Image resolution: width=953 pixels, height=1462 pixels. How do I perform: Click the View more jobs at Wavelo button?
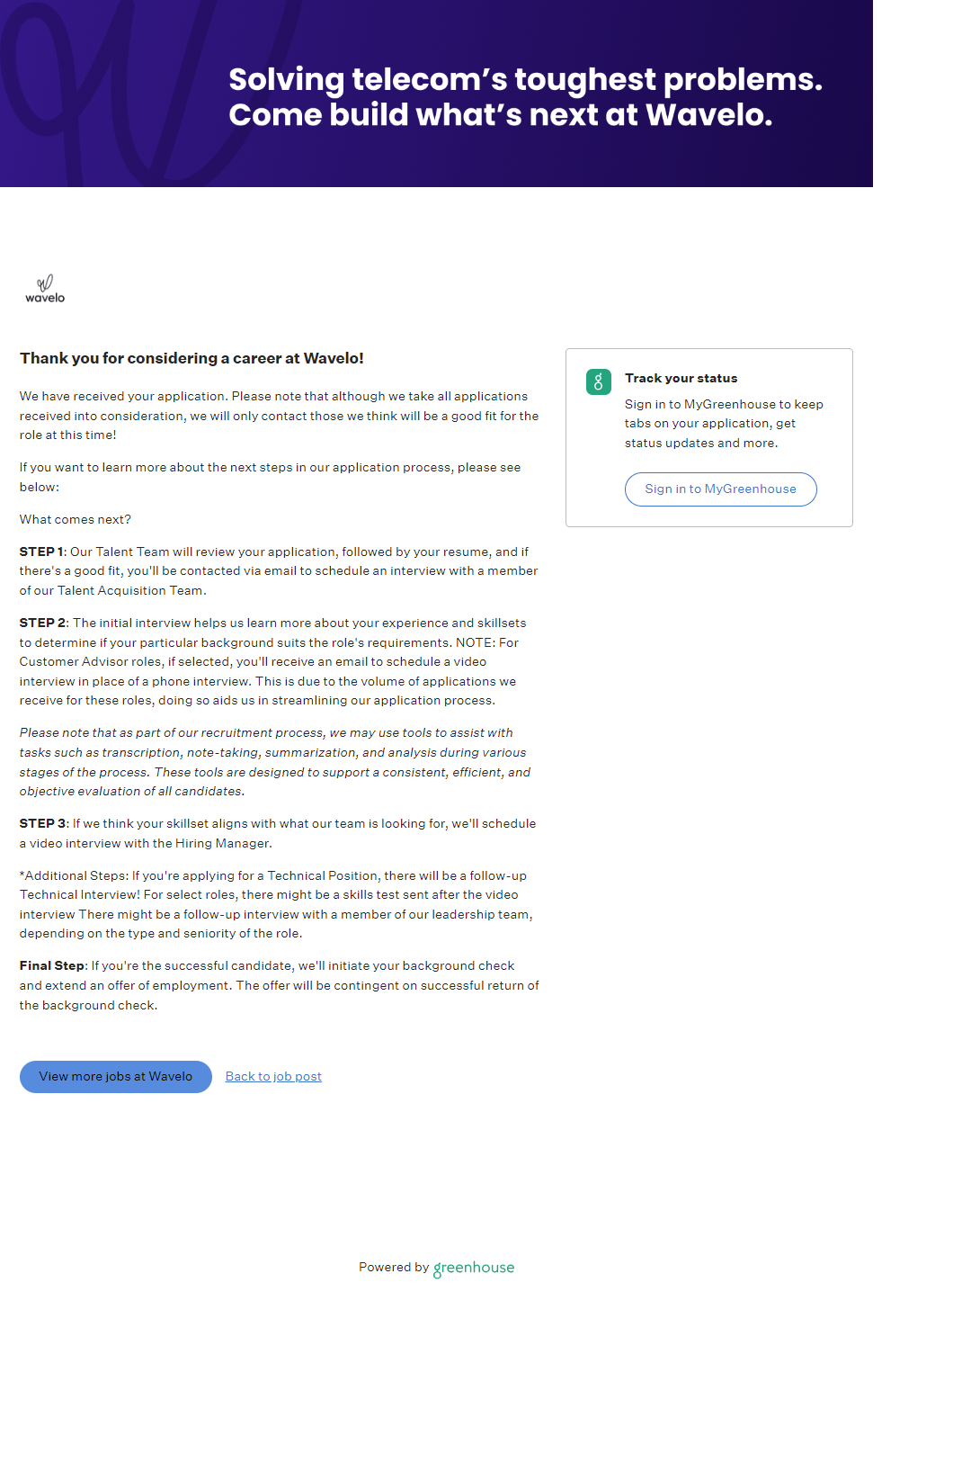116,1077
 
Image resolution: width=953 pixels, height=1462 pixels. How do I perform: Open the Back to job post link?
273,1077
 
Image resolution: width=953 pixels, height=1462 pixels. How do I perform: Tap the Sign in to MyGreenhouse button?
720,489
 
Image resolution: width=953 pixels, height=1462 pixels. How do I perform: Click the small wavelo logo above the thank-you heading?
45,289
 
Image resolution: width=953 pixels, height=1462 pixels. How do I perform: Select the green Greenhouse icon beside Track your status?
599,381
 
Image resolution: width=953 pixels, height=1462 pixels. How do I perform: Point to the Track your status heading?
681,379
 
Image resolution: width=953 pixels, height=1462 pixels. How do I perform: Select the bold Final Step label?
52,966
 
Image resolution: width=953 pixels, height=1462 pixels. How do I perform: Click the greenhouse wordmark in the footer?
474,1268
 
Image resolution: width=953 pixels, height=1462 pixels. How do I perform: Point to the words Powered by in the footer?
394,1268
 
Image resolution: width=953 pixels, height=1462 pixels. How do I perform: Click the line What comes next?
76,520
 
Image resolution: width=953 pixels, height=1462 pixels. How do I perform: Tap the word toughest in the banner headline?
585,80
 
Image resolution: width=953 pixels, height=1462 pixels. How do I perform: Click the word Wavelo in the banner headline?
708,115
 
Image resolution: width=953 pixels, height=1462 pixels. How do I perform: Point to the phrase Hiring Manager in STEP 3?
222,844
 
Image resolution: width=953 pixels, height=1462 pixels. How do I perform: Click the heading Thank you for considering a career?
191,358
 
